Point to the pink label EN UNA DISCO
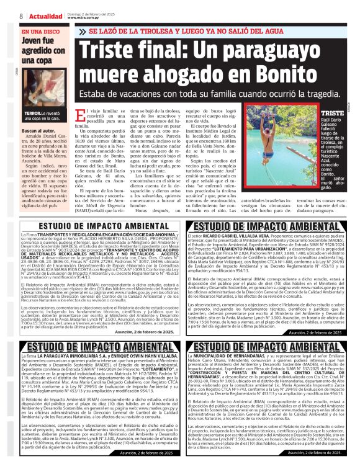pyautogui.click(x=40, y=31)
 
